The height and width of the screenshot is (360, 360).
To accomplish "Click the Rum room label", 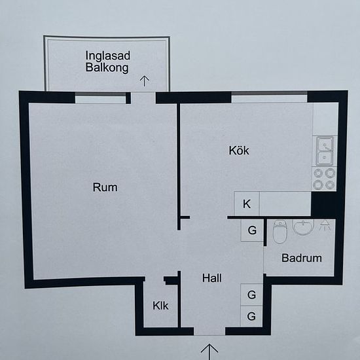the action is pos(105,187).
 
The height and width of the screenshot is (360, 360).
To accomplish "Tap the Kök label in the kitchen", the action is pos(239,151).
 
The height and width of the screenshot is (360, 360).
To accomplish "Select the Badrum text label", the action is pos(302,258).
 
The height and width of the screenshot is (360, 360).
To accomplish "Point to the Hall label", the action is pos(212,278).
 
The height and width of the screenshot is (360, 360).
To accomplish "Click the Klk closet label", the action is pos(160,306).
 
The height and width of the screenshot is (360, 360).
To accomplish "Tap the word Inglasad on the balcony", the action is pos(108,56).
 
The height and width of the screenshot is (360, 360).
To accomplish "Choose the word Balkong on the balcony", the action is pos(107,67).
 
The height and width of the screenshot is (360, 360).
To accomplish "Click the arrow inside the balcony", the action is pos(145,81).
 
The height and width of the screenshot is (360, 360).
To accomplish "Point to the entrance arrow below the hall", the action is pos(209,351).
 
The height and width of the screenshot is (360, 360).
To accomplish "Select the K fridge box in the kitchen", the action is pos(247,204).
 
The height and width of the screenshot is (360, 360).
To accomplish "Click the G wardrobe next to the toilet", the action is pos(252,230).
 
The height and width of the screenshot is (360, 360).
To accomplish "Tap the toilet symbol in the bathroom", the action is pos(280,232).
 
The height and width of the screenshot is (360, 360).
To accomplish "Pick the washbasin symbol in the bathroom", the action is pos(303,227).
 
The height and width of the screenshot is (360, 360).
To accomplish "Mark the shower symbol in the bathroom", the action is pos(325,225).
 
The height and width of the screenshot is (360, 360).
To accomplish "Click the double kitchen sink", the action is pos(325,151).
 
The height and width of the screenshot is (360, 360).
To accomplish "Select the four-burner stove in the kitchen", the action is pos(324,179).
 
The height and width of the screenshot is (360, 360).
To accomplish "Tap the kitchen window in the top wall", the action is pos(269,97).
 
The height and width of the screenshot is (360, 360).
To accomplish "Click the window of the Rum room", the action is pos(101,98).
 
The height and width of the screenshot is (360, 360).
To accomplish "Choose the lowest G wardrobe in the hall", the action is pos(251,316).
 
